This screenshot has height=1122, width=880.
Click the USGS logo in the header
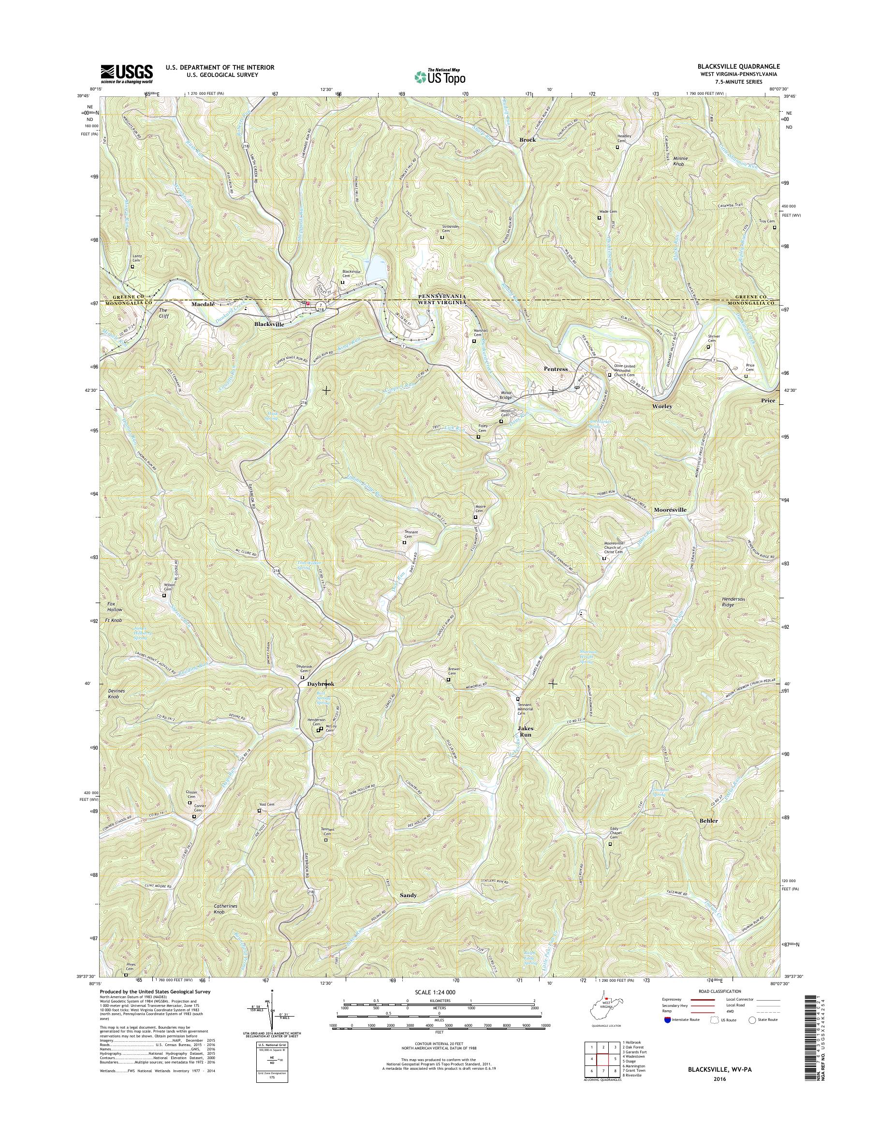[127, 73]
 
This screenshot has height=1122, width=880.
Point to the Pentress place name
[556, 369]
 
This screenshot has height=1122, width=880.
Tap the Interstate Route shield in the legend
[668, 1019]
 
